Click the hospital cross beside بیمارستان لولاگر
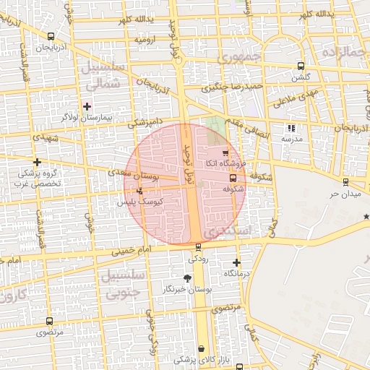coord(87,106)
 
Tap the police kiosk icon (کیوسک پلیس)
coord(139,191)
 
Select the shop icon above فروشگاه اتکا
coord(225,152)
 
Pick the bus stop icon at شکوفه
coord(232,178)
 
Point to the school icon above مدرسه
coord(291,128)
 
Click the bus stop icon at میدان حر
coord(345,181)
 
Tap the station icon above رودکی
coord(198,246)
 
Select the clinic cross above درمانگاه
coord(236,262)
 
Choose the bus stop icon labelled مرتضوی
coord(49,321)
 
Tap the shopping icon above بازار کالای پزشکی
coord(200,348)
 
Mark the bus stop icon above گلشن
coord(300,66)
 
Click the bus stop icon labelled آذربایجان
coord(50,35)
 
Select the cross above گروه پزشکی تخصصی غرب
coord(37,162)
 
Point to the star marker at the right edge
coord(366,216)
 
